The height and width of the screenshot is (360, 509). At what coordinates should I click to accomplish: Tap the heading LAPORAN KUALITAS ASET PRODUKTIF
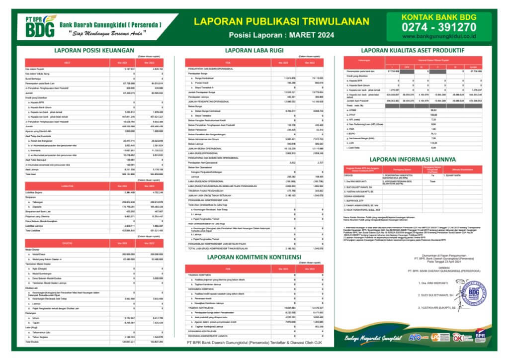413,50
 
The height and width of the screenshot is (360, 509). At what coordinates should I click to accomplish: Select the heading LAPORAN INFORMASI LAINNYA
414,159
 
